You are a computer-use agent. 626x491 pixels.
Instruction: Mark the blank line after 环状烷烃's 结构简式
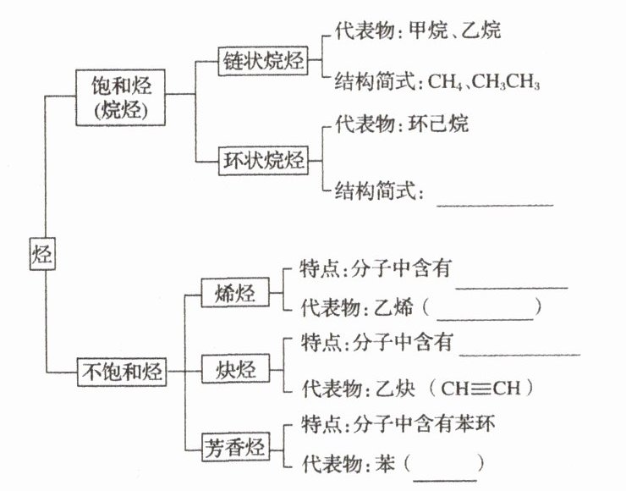[494, 202]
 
